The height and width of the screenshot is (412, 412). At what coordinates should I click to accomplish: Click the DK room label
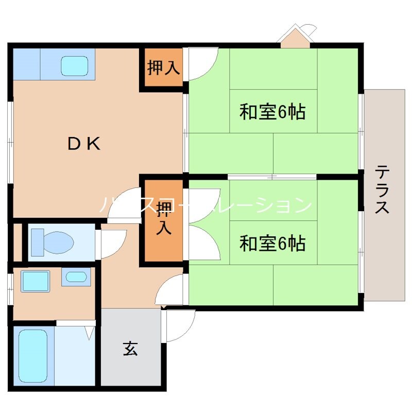[84, 144]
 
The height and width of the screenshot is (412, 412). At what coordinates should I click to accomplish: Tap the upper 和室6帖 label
[272, 111]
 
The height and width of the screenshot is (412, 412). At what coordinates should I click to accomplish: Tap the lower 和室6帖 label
[272, 243]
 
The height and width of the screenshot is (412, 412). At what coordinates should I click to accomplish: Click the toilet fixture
[51, 241]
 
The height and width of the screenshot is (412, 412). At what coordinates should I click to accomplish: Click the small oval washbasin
[76, 277]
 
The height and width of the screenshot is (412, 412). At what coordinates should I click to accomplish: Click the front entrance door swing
[179, 324]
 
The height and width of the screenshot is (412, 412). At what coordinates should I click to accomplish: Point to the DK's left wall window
[10, 142]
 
